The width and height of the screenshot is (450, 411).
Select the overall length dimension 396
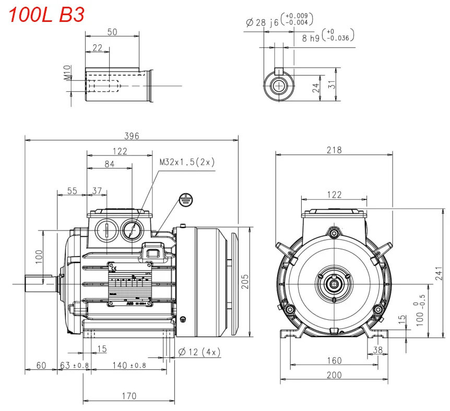(x=131, y=136)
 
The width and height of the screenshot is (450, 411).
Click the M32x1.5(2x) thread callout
(x=187, y=162)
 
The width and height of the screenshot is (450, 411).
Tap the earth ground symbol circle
(x=186, y=199)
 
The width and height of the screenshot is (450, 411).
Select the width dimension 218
(x=334, y=150)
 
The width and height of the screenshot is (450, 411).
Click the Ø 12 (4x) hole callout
(x=199, y=353)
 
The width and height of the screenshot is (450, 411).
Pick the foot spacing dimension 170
(x=128, y=396)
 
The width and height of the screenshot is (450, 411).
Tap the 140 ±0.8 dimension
(x=129, y=366)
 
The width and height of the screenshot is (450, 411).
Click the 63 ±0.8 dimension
(x=74, y=366)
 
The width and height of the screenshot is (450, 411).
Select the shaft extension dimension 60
(x=41, y=366)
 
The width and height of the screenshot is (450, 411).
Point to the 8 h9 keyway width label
(x=312, y=37)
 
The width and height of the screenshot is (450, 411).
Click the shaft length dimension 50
(x=112, y=32)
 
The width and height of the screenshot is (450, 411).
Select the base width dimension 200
(x=334, y=375)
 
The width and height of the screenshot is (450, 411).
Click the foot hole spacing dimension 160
(x=334, y=360)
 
